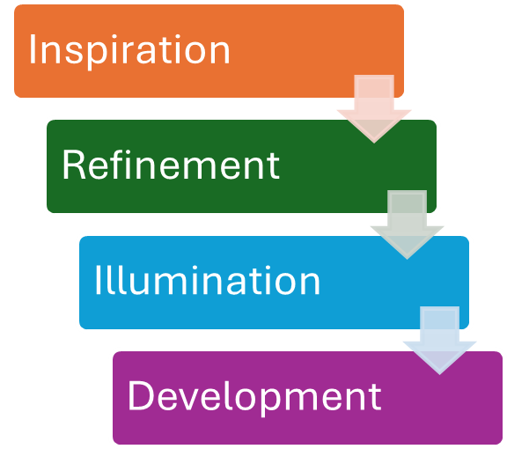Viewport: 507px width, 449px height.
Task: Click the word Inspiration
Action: (129, 51)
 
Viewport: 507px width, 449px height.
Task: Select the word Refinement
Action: (171, 165)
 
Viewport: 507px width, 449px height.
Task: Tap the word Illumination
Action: (207, 280)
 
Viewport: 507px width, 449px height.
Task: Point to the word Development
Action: (254, 397)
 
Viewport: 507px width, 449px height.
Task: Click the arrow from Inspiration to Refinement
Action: (374, 108)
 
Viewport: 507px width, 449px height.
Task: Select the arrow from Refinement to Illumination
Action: (407, 224)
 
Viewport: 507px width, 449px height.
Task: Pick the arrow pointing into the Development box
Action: (439, 341)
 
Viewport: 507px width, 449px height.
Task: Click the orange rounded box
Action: (209, 51)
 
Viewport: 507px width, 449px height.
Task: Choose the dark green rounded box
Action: (241, 166)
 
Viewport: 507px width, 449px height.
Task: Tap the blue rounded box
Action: (275, 283)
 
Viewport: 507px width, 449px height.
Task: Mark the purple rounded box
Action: (307, 398)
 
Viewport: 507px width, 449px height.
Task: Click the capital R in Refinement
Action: (74, 165)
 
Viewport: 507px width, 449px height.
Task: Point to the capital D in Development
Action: (142, 395)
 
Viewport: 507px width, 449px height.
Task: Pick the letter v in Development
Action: (191, 399)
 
